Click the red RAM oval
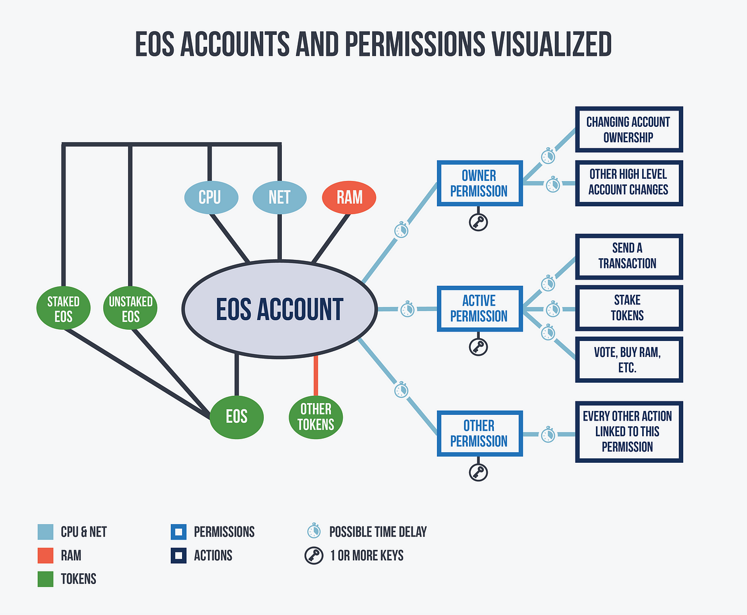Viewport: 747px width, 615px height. point(349,197)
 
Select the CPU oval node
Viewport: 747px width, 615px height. point(211,197)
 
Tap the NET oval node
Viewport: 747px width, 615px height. point(280,197)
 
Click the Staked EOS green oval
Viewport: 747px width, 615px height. point(63,308)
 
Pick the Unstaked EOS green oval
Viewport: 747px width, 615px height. point(130,308)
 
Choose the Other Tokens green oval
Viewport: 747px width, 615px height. point(316,417)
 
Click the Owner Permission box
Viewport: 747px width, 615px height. point(480,183)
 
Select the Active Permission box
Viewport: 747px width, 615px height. point(480,308)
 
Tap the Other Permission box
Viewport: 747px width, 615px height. point(480,433)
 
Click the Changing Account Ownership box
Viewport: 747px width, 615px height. point(629,129)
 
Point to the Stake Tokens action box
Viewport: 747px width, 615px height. point(629,308)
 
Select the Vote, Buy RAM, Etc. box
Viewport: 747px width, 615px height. point(629,360)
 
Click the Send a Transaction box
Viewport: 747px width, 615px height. point(629,256)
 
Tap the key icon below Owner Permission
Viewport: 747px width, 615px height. point(478,222)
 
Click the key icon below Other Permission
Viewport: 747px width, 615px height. point(478,472)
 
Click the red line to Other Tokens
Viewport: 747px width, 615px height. point(316,375)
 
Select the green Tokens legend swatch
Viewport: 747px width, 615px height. point(45,579)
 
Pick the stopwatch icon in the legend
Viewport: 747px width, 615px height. point(314,530)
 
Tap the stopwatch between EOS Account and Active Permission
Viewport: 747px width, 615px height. point(407,309)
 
